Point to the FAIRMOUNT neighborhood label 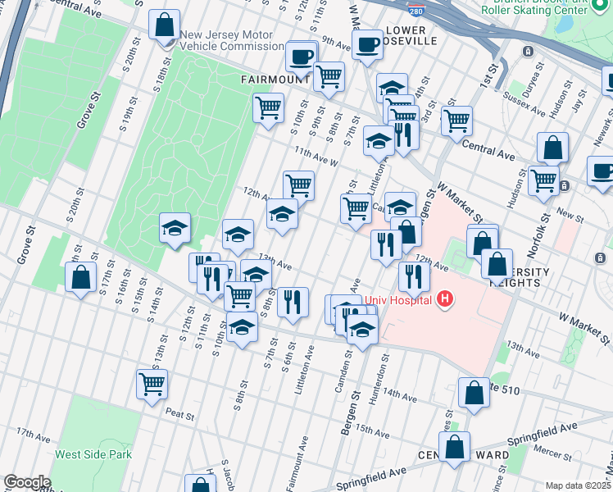click(275, 80)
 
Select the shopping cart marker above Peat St click(152, 383)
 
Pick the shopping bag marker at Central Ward click(454, 448)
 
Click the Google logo click(26, 481)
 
